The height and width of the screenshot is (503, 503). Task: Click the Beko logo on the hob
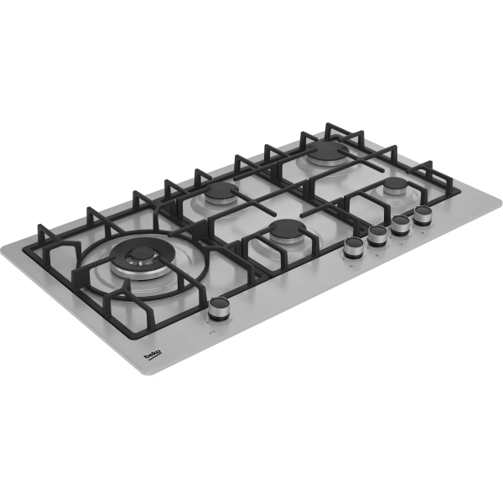click(153, 355)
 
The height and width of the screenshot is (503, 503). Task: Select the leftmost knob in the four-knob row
click(354, 247)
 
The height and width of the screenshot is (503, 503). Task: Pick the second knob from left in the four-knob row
click(377, 236)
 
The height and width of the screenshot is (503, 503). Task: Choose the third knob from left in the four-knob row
click(401, 225)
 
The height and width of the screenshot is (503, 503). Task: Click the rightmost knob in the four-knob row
click(423, 215)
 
